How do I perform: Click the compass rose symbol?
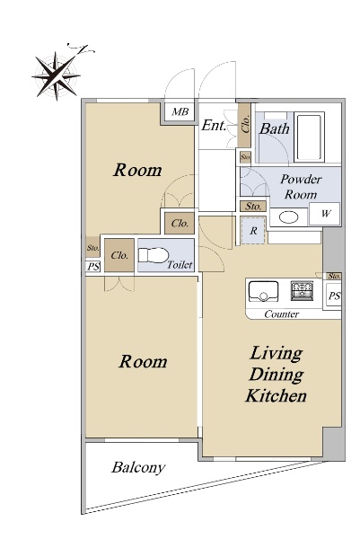tap(57, 75)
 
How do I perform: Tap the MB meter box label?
tap(180, 111)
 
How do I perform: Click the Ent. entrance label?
tap(214, 125)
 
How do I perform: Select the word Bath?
tap(274, 128)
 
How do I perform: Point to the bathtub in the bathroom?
tap(309, 137)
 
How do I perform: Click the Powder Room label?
tap(301, 187)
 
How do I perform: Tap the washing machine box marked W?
tap(325, 214)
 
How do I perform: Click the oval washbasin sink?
tap(288, 217)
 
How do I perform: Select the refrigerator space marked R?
tap(253, 231)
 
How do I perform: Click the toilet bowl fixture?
tap(154, 255)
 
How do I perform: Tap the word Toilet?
tap(180, 265)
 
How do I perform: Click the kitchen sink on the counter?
tap(263, 291)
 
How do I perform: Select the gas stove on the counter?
tap(302, 290)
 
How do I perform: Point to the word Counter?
tap(281, 314)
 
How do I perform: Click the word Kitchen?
tap(276, 395)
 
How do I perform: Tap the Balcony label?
tap(138, 468)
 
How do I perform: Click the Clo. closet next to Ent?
tap(245, 125)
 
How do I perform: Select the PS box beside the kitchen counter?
tap(333, 296)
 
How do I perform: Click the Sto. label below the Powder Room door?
tap(253, 207)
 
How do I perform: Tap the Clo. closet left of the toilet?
tap(119, 255)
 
